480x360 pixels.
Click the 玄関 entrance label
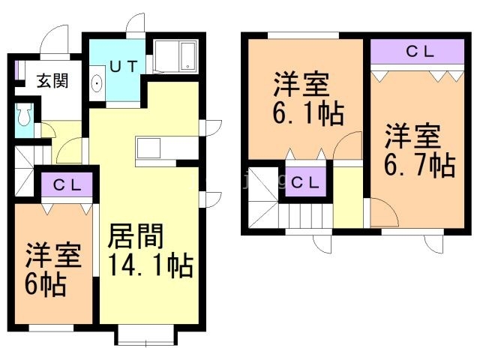coord(52,81)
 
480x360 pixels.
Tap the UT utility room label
coord(124,66)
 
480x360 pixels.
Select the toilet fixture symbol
coord(24,115)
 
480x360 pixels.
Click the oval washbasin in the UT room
coord(97,83)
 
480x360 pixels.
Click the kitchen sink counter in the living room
coord(148,148)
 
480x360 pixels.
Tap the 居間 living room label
coord(136,236)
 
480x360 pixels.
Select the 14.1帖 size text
coord(151,265)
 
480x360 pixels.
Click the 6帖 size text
coord(45,284)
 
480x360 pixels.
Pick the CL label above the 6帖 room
coord(67,185)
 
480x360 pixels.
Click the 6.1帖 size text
coord(308,113)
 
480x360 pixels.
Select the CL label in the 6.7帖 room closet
coord(420,52)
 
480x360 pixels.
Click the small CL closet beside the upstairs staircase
coord(305,181)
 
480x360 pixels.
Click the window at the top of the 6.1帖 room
coord(303,35)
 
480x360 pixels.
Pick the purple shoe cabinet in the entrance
coord(19,70)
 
